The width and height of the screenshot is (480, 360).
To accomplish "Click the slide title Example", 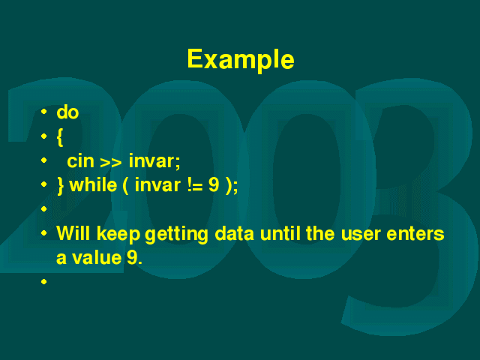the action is [241, 60].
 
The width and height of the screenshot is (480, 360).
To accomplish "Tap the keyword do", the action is [67, 112].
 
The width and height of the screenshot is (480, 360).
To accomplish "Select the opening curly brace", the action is [60, 137].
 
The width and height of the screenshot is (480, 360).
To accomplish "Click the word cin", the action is [80, 161].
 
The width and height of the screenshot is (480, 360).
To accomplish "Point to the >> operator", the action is [111, 163].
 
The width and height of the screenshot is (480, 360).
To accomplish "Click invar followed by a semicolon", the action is [154, 161].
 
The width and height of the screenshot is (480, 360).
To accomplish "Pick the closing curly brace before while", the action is [60, 185].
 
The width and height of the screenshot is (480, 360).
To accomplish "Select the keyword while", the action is [93, 185].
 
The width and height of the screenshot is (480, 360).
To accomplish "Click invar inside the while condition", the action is [157, 185].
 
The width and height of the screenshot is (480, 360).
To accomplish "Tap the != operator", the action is [195, 185].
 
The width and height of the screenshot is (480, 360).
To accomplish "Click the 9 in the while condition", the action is [214, 185].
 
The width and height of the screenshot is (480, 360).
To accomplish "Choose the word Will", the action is [73, 233].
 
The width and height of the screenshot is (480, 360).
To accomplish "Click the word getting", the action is [176, 235].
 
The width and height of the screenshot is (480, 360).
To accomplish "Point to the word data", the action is [234, 233].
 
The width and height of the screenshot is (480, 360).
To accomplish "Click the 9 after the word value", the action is [132, 257].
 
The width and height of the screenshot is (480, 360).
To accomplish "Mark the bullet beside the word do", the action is [43, 112].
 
